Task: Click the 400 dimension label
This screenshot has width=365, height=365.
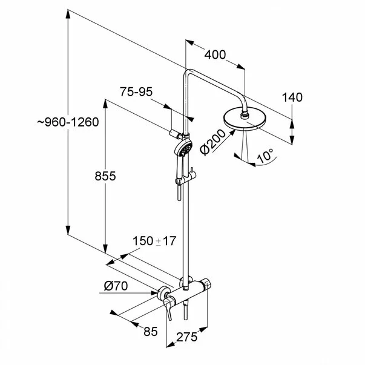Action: [215, 55]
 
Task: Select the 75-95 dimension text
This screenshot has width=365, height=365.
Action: [136, 92]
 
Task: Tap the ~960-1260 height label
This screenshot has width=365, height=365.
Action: [68, 122]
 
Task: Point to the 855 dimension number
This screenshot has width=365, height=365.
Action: [105, 176]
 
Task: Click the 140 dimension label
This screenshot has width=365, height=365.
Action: [292, 97]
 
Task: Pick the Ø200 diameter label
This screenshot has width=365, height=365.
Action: [212, 142]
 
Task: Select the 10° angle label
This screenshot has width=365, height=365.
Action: [265, 156]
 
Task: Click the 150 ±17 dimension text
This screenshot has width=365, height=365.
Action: [154, 241]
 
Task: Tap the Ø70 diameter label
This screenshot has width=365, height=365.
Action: [116, 286]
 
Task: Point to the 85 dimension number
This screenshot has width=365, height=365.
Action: [151, 332]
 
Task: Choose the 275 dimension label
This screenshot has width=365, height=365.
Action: [186, 337]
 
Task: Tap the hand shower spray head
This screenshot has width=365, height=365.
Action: [183, 148]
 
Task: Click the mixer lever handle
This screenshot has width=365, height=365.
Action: [168, 307]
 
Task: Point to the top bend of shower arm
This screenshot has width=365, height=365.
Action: [188, 71]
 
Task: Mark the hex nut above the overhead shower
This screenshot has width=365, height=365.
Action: [245, 114]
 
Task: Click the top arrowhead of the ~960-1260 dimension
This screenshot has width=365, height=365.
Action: [68, 14]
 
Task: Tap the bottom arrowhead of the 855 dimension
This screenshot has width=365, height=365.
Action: [105, 249]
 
